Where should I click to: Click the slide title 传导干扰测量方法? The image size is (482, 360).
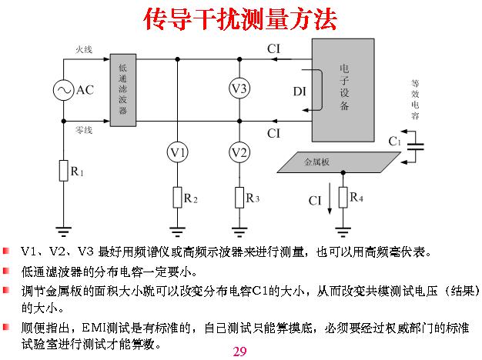coord(240,19)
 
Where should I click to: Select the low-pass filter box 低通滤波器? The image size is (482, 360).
coord(123,89)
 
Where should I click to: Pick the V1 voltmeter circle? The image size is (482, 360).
coord(178,153)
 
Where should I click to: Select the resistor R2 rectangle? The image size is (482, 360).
coord(178,198)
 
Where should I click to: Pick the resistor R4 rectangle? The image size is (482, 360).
coord(343,198)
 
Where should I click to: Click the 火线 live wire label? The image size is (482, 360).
coord(83,50)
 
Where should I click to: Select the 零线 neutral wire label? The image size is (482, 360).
coord(83,131)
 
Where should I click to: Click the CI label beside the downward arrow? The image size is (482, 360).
coord(316,201)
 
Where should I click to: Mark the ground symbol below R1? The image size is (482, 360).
coord(63,227)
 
